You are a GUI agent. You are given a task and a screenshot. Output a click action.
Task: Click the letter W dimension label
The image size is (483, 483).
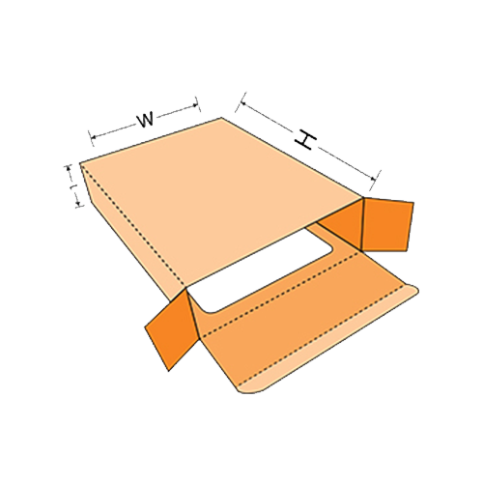click(x=146, y=120)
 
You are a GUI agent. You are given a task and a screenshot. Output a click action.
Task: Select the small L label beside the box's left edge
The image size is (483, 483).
click(x=73, y=186)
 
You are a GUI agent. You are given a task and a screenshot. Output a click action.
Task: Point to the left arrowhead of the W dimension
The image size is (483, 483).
click(x=94, y=137)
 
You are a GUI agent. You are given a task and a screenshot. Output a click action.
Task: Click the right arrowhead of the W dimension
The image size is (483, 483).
click(x=195, y=104)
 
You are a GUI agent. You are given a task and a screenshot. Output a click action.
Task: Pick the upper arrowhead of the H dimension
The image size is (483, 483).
click(x=243, y=102)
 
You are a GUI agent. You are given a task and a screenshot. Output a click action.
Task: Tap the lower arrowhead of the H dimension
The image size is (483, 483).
click(x=373, y=178)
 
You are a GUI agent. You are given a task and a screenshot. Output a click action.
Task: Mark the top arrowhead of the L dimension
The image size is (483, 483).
click(x=69, y=168)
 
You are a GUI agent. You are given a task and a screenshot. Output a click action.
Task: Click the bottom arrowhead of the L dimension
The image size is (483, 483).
click(x=78, y=203)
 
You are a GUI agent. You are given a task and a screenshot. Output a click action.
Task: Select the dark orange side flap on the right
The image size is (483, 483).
click(x=387, y=225)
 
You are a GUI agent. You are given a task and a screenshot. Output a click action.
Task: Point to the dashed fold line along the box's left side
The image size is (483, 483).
click(x=133, y=225)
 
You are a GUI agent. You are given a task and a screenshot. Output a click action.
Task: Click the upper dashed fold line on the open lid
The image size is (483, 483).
click(x=280, y=295)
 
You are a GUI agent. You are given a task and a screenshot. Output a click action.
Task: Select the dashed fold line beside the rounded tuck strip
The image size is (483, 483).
click(x=322, y=335)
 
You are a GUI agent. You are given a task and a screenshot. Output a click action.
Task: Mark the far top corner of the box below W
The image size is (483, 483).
click(x=221, y=118)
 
